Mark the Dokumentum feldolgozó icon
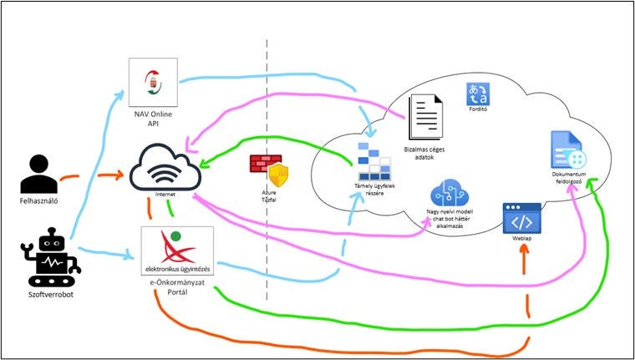568,150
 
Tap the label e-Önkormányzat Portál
176,290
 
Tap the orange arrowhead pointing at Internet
125,175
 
